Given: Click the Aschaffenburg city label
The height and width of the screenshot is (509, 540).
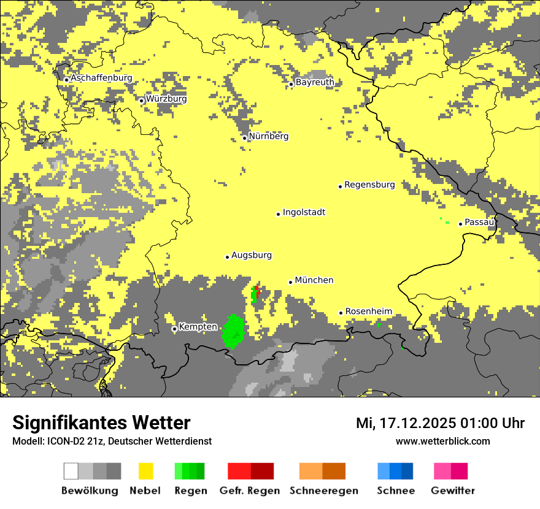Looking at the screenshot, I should click(x=101, y=78).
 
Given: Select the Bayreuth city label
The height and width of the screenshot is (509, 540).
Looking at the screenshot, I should click(x=315, y=82).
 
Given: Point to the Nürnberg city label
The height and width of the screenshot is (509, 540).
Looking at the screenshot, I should click(x=269, y=136).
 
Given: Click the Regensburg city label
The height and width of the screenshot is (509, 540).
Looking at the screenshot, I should click(x=369, y=185).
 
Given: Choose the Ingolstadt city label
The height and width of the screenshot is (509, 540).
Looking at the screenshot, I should click(x=304, y=212).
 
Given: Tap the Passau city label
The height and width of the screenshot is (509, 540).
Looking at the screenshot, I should click(x=479, y=222).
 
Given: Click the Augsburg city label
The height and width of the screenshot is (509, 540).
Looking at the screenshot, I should click(x=252, y=255).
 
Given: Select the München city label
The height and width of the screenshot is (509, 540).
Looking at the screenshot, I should click(x=314, y=280).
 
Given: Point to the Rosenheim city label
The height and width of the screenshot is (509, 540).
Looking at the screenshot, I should click(x=368, y=312).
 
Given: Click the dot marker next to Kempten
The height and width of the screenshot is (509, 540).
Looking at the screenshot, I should click(x=174, y=329).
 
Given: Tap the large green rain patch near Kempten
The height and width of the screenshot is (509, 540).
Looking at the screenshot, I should click(x=233, y=331).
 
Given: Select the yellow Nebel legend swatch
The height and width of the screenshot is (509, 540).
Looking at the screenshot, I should click(x=145, y=471).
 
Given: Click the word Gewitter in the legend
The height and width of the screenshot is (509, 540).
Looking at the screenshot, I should click(x=453, y=491).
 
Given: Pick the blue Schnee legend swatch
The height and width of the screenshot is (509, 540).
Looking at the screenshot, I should click(x=395, y=471).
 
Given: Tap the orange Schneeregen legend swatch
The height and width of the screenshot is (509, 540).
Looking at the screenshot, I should click(x=322, y=471).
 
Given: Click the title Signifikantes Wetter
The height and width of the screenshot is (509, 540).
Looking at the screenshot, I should click(x=101, y=423).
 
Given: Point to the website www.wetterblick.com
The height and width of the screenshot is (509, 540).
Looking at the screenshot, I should click(x=442, y=441).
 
